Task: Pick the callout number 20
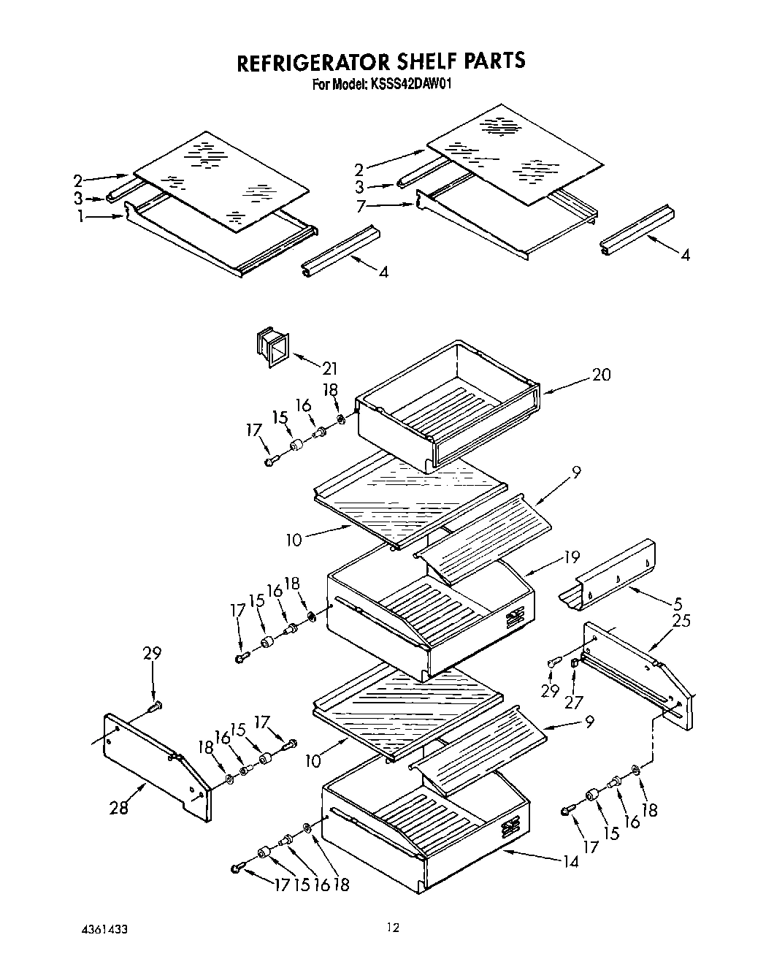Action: coord(601,375)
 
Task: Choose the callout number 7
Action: coord(359,207)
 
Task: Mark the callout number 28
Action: coord(119,807)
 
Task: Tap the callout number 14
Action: coord(570,861)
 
